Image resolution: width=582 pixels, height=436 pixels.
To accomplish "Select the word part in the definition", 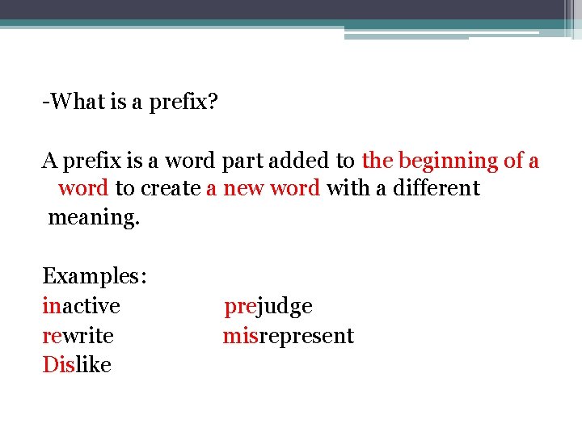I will tap(240, 161).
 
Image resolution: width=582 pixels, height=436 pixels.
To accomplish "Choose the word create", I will tap(171, 189).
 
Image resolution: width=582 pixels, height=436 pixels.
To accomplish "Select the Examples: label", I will tap(95, 277).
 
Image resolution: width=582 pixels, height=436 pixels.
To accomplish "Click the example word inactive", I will tap(81, 307).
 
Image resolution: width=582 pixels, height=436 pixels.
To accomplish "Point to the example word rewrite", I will tap(78, 336).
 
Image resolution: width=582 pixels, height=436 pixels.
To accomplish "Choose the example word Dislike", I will tap(77, 365).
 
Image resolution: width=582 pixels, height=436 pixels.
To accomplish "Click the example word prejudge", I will tap(268, 307).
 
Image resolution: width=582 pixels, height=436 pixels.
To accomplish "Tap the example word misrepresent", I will tap(289, 336).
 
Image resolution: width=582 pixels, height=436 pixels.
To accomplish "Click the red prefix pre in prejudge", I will tap(240, 307).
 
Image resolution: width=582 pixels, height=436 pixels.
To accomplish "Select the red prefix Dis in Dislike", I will tap(58, 365).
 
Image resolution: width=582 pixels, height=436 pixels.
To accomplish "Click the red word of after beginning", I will tap(513, 161).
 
